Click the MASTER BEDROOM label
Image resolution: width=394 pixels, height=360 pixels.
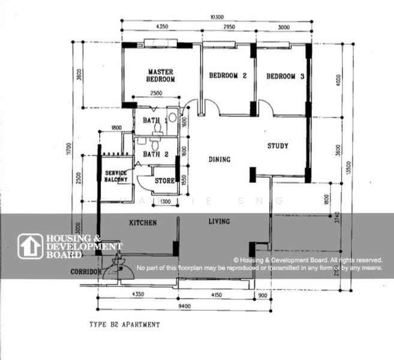tap(161, 76)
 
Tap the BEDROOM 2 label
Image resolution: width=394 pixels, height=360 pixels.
tap(228, 76)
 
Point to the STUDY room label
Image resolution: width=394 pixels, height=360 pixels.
tap(278, 146)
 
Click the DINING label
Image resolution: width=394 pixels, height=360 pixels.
tap(219, 160)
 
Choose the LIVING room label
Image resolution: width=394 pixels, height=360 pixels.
tap(219, 222)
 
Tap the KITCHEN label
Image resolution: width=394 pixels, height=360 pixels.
tap(143, 223)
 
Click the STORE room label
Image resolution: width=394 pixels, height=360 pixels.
tap(164, 181)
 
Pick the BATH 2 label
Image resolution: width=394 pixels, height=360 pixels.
tap(155, 154)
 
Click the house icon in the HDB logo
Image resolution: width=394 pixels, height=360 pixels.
tap(31, 246)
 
